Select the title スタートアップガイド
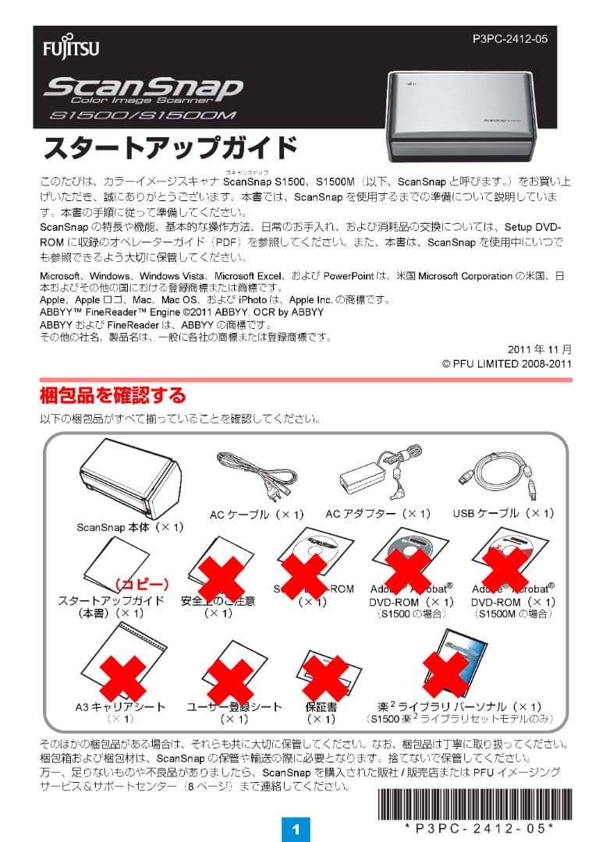tap(170, 148)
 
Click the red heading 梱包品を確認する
tap(112, 394)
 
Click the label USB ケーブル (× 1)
tap(503, 513)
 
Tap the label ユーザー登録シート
tap(234, 706)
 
